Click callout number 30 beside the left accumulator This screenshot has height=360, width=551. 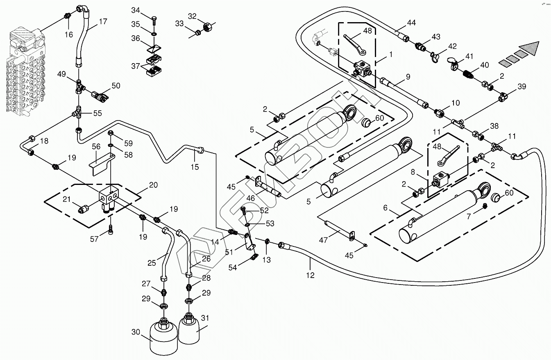click(136, 331)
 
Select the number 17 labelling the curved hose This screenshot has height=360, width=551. click(103, 22)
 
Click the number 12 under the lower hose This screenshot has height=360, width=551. click(310, 275)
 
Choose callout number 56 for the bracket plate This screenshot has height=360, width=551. click(96, 146)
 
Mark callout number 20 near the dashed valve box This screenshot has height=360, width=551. click(153, 185)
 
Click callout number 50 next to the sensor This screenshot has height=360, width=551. click(116, 86)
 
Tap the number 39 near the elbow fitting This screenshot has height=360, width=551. click(522, 87)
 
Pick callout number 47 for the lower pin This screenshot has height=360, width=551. click(323, 240)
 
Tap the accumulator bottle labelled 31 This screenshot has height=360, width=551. click(190, 327)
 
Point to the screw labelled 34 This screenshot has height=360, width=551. click(153, 18)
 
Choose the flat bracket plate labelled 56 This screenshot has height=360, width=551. click(101, 166)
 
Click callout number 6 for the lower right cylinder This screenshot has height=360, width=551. click(385, 208)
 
